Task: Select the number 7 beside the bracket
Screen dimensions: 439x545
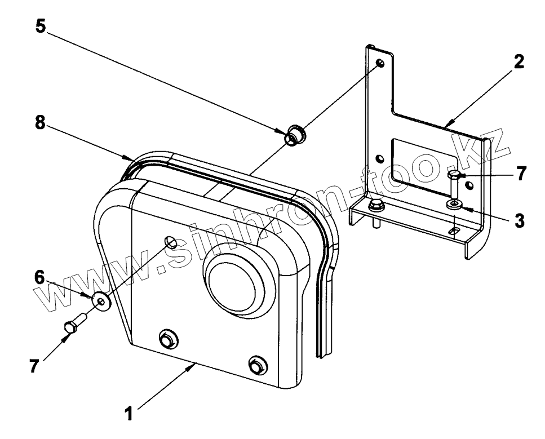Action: click(x=521, y=174)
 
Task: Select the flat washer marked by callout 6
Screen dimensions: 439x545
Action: click(x=101, y=301)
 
